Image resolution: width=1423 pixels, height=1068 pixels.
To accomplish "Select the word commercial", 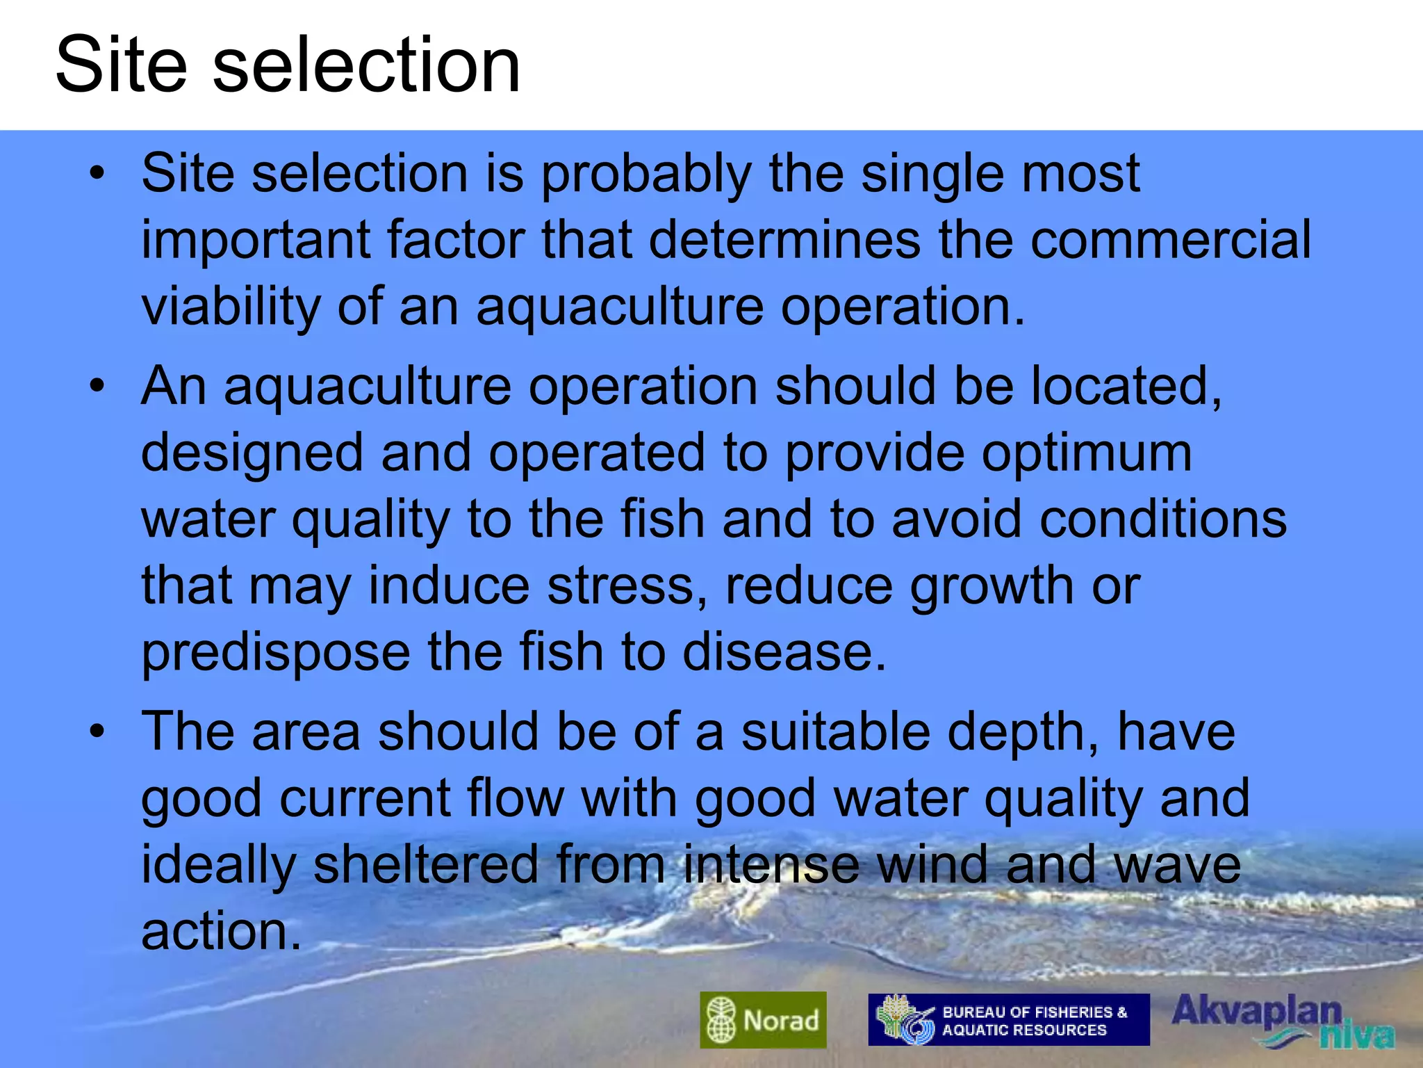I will pyautogui.click(x=1171, y=240).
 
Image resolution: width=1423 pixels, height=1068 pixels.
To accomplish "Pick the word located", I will pyautogui.click(x=1126, y=387).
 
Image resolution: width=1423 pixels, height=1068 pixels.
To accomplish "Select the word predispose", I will pyautogui.click(x=276, y=654).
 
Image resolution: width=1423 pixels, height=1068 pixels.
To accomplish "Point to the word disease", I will pyautogui.click(x=784, y=652).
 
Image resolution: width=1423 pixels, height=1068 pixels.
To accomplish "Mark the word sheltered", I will pyautogui.click(x=426, y=864).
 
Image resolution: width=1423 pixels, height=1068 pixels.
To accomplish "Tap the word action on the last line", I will pyautogui.click(x=221, y=931).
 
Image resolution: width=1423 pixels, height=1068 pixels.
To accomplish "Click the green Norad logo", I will pyautogui.click(x=763, y=1020).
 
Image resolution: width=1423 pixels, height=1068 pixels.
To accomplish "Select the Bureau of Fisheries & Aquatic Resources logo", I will pyautogui.click(x=1008, y=1020).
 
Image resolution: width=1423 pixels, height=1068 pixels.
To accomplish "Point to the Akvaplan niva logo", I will pyautogui.click(x=1282, y=1021).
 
